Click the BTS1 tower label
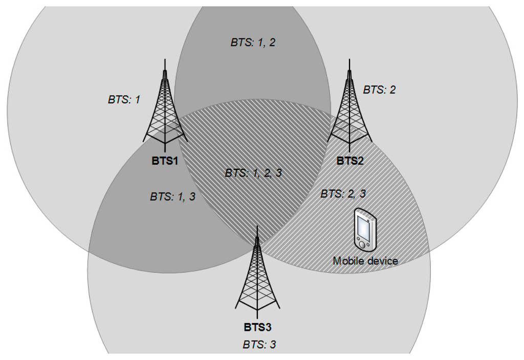pos(164,161)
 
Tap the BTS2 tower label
pos(350,161)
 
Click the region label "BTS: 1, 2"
pos(253,42)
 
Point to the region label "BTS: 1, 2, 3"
pos(253,173)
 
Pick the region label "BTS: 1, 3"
pos(172,196)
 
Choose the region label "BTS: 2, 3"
pos(343,194)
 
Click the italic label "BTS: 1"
pos(124,100)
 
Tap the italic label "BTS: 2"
pos(379,90)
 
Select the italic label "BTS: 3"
pos(259,344)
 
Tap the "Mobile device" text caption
pos(365,261)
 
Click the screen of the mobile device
pos(365,227)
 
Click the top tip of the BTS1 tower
pos(164,60)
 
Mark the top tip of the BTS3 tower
pos(257,225)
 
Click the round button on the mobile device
pos(362,245)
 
